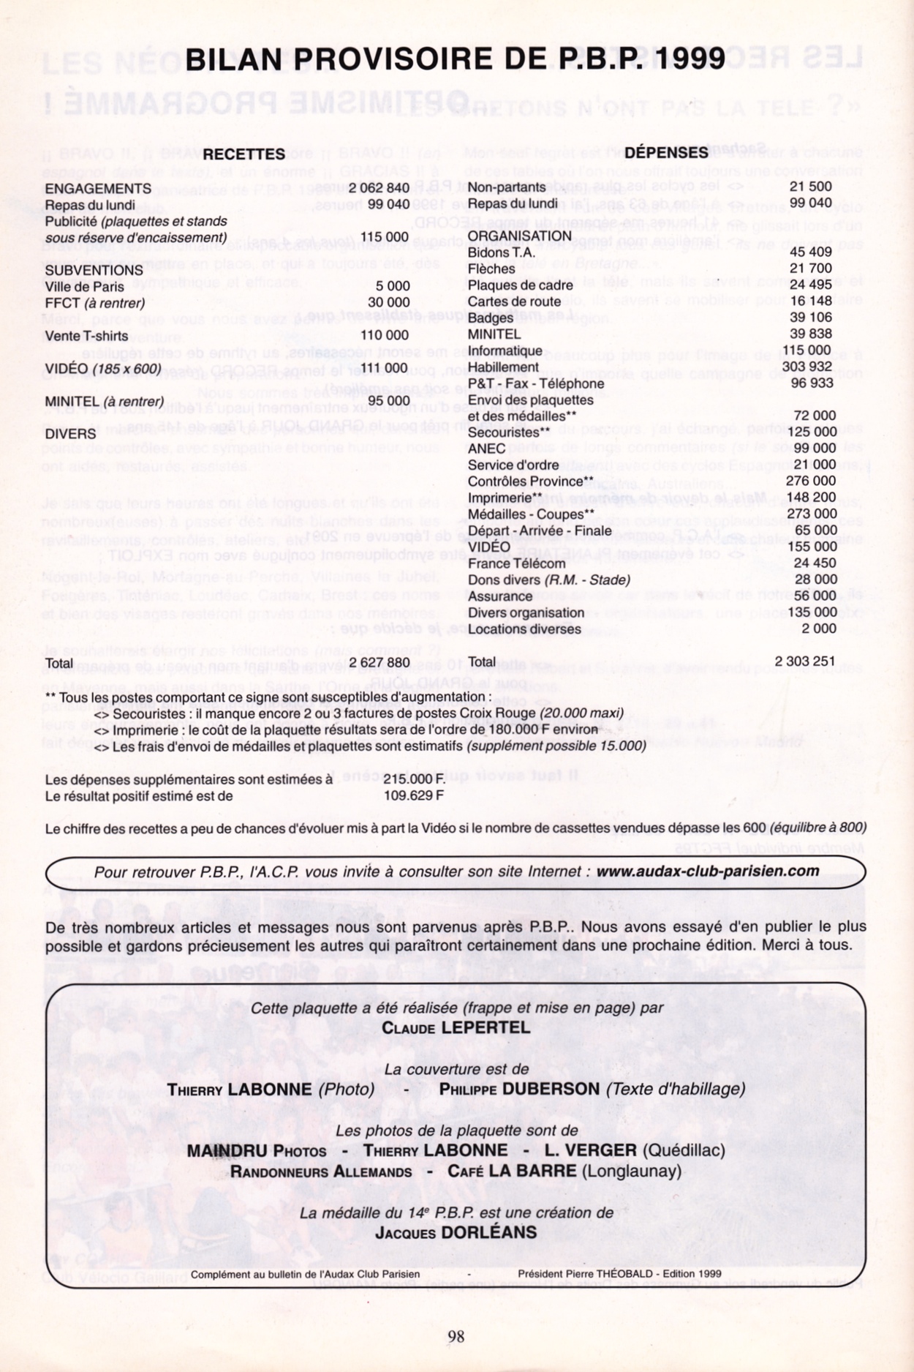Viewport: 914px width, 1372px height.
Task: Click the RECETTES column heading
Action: pyautogui.click(x=243, y=154)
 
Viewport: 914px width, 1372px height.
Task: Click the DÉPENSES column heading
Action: pyautogui.click(x=666, y=152)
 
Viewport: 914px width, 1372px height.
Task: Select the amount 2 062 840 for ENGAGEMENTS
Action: pyautogui.click(x=379, y=188)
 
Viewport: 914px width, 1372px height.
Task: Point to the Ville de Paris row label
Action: pyautogui.click(x=84, y=287)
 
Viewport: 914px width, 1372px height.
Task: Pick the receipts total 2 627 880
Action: pyautogui.click(x=379, y=663)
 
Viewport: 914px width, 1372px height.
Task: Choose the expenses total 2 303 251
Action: pyautogui.click(x=804, y=661)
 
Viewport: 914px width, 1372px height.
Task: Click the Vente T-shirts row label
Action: pyautogui.click(x=86, y=336)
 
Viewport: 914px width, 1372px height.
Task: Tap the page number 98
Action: pyautogui.click(x=456, y=1337)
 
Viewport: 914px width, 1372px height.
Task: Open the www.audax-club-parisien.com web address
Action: pyautogui.click(x=707, y=871)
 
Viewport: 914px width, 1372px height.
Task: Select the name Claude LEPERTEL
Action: pyautogui.click(x=456, y=1028)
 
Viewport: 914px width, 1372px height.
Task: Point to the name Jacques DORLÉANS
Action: pyautogui.click(x=456, y=1233)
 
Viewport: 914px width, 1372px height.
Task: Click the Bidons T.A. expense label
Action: pyautogui.click(x=502, y=252)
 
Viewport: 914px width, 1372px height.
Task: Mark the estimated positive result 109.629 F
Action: pyautogui.click(x=413, y=795)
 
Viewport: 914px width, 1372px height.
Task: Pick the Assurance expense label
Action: pyautogui.click(x=500, y=596)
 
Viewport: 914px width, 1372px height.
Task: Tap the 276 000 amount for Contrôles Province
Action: pyautogui.click(x=810, y=481)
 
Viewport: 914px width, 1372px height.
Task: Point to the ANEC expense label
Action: pyautogui.click(x=486, y=448)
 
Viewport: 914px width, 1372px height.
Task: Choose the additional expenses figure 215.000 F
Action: pyautogui.click(x=414, y=779)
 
